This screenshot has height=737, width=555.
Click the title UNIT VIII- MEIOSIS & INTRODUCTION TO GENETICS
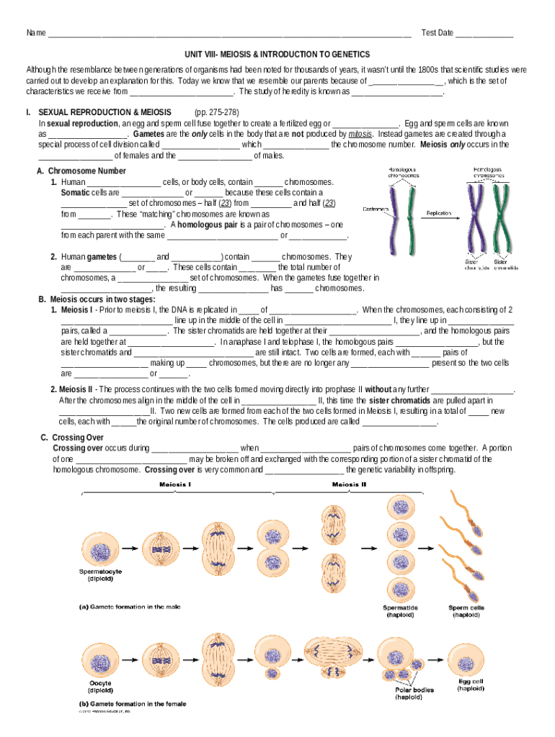click(x=277, y=54)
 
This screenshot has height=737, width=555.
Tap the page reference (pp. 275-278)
click(x=217, y=113)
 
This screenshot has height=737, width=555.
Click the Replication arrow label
click(x=439, y=213)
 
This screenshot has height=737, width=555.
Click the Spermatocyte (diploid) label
click(x=100, y=574)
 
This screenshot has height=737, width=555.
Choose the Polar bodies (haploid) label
click(x=414, y=693)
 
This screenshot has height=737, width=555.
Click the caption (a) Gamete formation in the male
click(x=130, y=606)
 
